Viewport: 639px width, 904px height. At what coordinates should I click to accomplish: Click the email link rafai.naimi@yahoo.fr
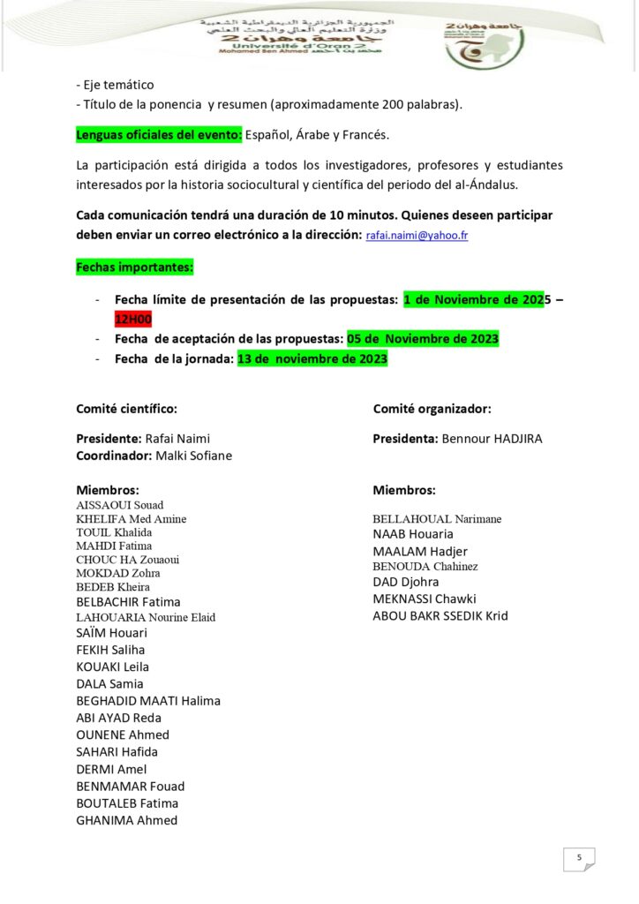[417, 236]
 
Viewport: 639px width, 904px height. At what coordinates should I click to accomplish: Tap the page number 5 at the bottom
[579, 857]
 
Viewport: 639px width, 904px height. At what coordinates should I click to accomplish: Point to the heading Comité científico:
[126, 409]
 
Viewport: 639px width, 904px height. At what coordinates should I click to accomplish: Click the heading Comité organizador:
[432, 409]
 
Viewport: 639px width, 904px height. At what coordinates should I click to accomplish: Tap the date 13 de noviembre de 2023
[312, 359]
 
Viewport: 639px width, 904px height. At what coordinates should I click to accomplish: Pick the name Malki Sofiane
[193, 456]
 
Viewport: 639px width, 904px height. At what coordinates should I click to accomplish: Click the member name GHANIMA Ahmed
[127, 820]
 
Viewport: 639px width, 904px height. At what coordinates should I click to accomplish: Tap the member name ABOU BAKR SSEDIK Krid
[440, 616]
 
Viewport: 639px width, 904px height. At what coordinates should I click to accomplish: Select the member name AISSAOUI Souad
[120, 506]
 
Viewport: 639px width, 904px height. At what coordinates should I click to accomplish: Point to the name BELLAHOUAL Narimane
[437, 519]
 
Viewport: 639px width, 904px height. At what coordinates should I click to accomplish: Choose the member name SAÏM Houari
[112, 633]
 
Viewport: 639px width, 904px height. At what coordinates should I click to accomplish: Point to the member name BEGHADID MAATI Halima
[148, 701]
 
